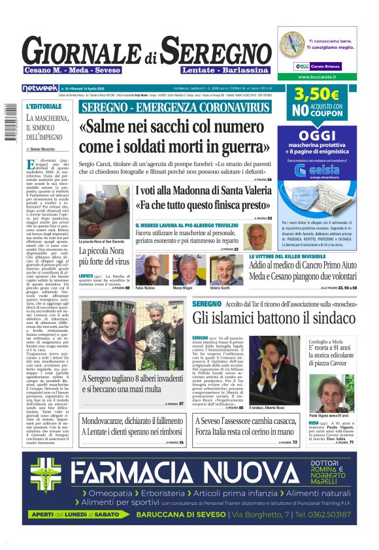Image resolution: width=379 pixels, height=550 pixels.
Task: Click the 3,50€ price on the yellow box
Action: [x=316, y=95]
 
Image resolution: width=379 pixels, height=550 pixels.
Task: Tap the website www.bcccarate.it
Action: [x=317, y=76]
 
